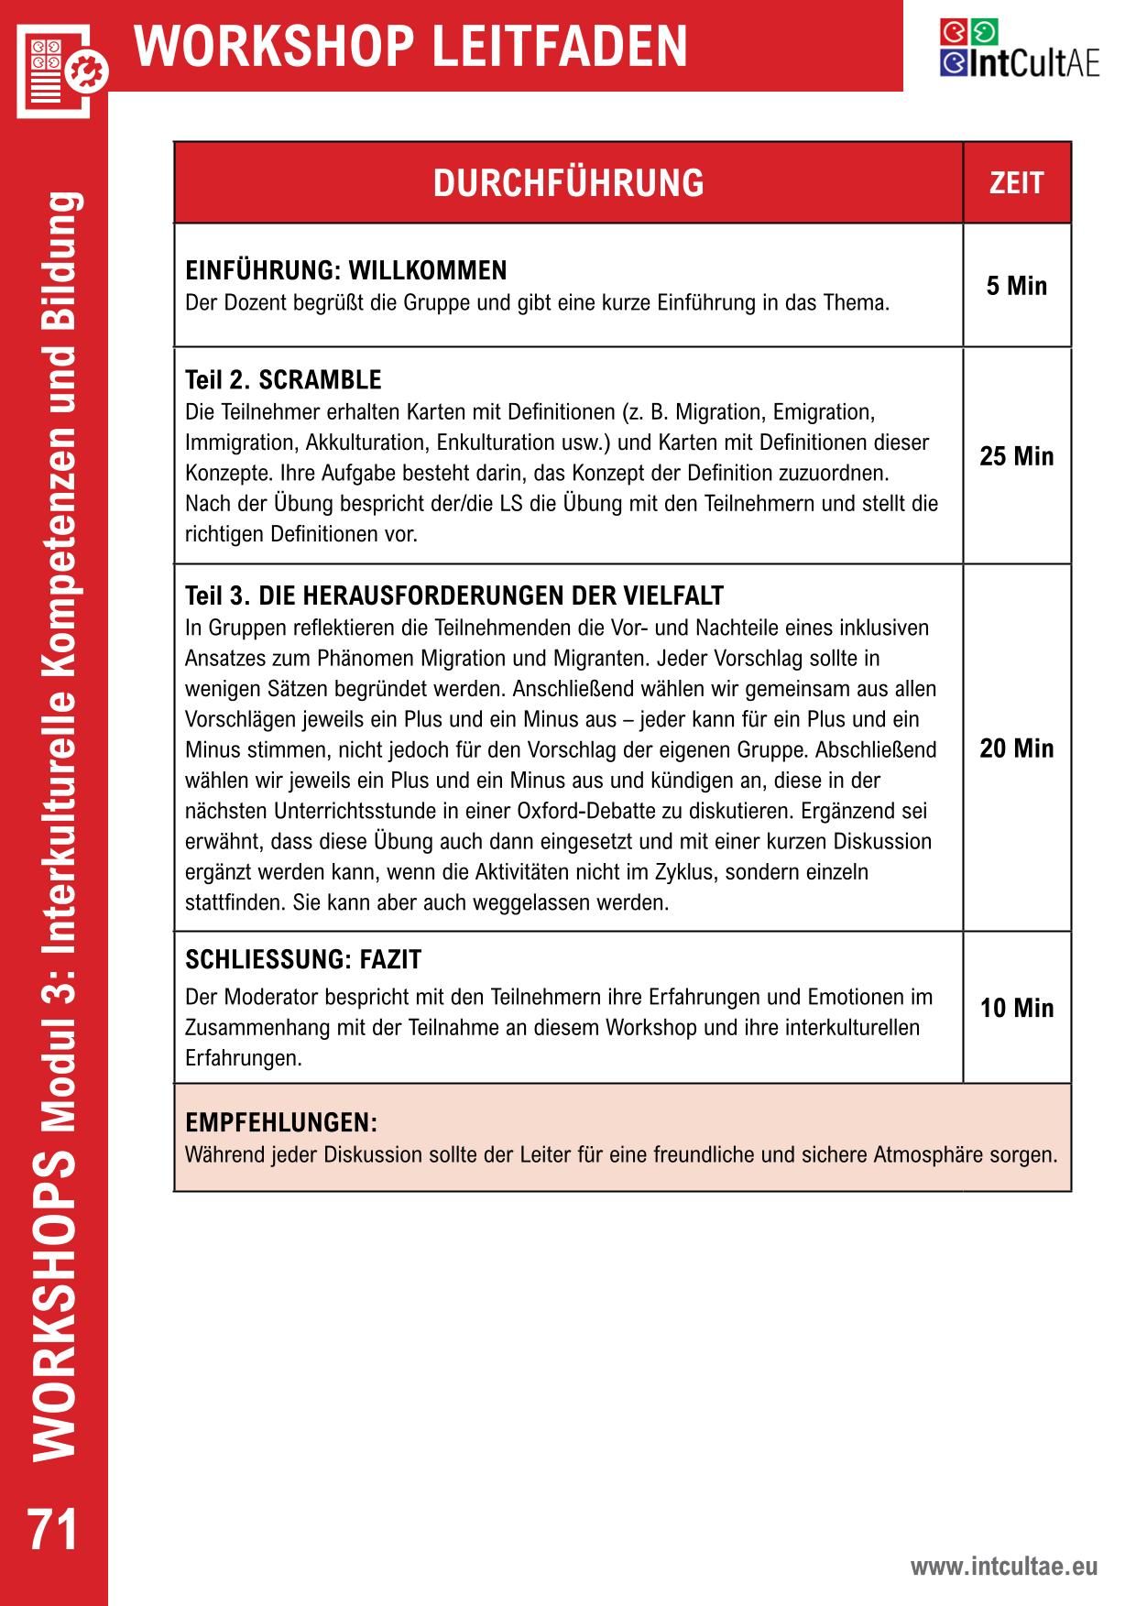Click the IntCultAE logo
(1019, 49)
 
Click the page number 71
(53, 1530)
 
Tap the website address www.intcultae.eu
(1003, 1567)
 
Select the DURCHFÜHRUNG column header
(568, 182)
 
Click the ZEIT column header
(1016, 182)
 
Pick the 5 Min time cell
(1016, 286)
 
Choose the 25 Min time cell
(1016, 456)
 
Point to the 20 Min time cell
(1016, 748)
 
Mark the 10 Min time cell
(1016, 1008)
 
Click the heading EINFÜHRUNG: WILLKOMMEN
(345, 270)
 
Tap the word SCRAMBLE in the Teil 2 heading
(320, 379)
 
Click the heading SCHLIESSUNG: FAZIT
(303, 959)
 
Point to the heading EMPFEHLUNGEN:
(281, 1122)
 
